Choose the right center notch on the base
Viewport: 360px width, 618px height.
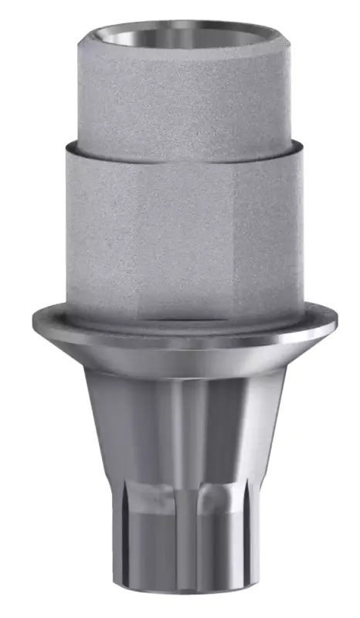pos(209,502)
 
